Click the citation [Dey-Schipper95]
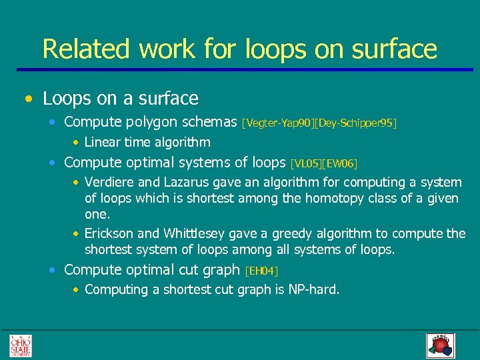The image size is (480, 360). click(353, 123)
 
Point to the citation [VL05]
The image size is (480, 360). click(305, 163)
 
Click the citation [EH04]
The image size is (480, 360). click(261, 271)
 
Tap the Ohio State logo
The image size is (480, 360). click(20, 345)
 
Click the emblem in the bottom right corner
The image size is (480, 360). click(439, 345)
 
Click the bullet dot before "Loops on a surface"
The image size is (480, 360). click(27, 99)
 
